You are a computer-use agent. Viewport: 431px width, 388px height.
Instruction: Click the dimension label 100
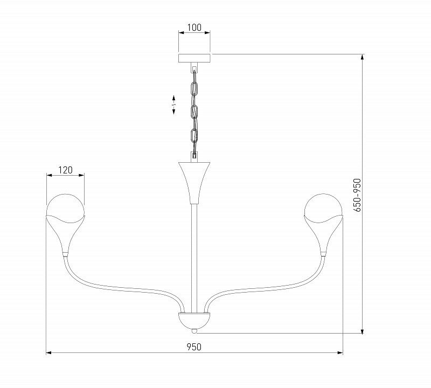194,27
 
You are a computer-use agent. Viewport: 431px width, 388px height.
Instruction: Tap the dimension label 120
65,170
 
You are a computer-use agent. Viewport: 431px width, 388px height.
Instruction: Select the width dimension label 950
194,347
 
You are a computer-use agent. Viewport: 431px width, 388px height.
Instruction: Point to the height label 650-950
357,195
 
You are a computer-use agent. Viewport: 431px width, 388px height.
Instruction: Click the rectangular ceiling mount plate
194,58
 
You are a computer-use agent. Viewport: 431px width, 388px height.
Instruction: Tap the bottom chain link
194,135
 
